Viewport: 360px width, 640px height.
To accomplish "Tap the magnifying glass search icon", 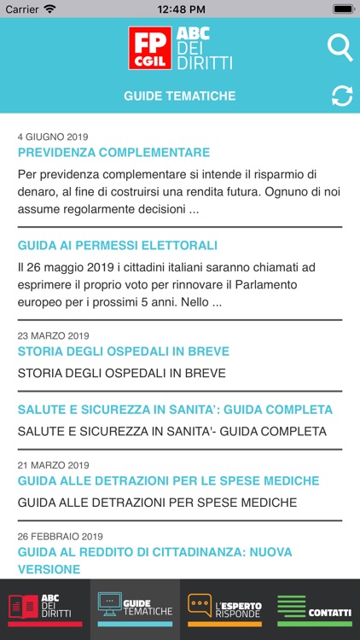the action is coord(340,48).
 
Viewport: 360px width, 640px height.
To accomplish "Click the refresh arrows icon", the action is coord(341,96).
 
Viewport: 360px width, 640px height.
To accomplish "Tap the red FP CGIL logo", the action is coord(150,48).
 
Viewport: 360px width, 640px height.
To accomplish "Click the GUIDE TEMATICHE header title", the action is coord(179,96).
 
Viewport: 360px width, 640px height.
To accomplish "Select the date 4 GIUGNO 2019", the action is coord(53,137).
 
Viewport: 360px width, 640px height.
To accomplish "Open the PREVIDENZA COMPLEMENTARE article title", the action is coord(113,153).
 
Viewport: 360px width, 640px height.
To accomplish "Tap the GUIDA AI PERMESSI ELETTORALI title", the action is coord(117,245).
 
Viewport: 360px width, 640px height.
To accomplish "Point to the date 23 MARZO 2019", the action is coord(53,335).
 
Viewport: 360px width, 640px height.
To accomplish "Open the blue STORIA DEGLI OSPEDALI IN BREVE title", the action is coord(123,352).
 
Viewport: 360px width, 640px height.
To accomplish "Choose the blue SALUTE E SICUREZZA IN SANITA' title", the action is coord(175,410).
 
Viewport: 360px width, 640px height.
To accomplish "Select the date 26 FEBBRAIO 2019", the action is coord(60,537).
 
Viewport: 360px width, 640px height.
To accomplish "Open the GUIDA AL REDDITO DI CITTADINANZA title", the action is coord(154,561).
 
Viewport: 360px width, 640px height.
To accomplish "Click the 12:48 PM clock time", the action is coord(180,9).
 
